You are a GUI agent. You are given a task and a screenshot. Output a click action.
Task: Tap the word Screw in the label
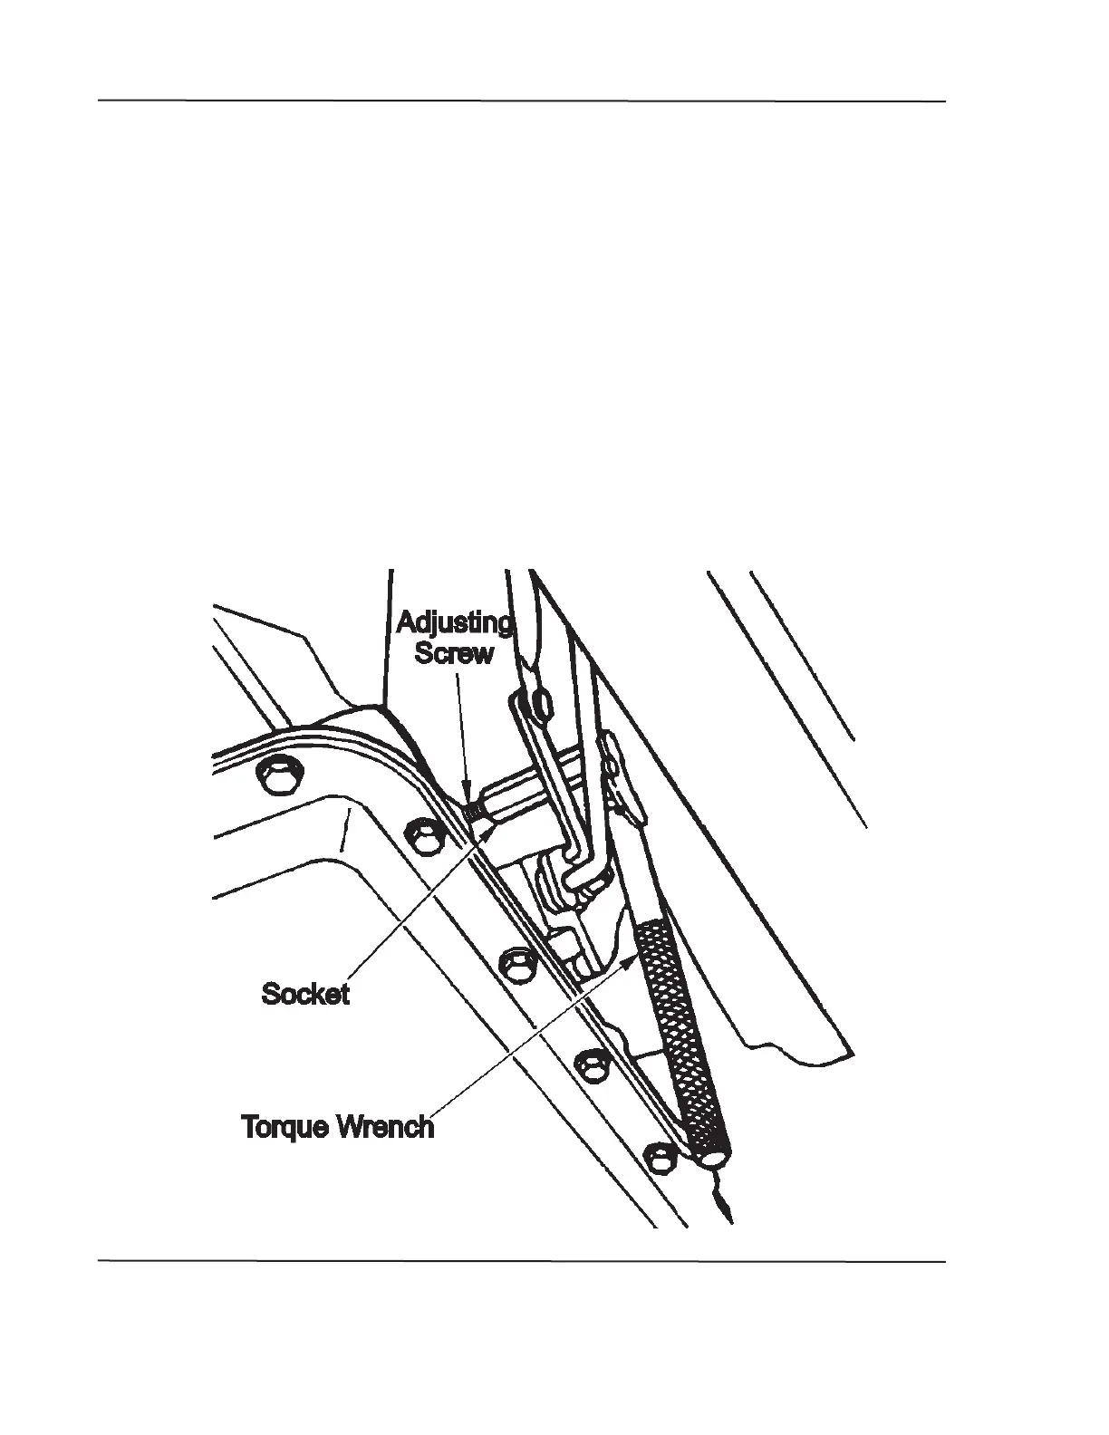pyautogui.click(x=455, y=653)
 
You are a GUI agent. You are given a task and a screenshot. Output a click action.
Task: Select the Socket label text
pyautogui.click(x=305, y=994)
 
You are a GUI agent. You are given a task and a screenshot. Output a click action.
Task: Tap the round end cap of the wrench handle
pyautogui.click(x=712, y=1158)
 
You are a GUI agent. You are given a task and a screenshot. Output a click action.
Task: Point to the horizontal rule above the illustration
pyautogui.click(x=522, y=101)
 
